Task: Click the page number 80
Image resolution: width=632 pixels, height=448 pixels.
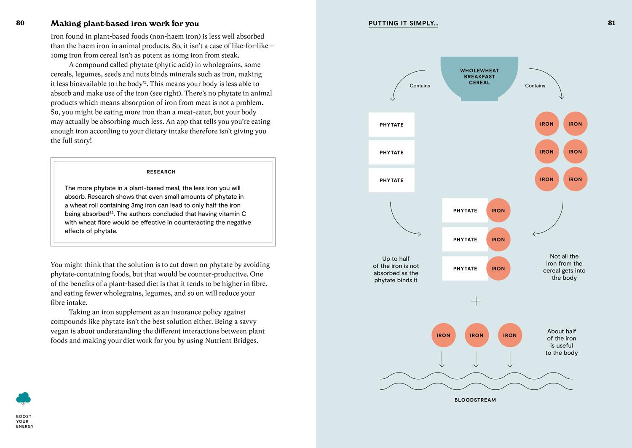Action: click(20, 23)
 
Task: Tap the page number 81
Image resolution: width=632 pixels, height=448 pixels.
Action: click(611, 23)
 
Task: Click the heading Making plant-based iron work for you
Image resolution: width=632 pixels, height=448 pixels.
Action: click(125, 24)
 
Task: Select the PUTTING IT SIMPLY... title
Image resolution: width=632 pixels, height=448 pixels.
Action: click(403, 24)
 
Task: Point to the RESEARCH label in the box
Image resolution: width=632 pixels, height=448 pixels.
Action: click(161, 172)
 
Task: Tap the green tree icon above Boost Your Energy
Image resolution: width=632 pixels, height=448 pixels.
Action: click(24, 399)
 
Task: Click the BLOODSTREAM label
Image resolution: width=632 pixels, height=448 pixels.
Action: click(475, 400)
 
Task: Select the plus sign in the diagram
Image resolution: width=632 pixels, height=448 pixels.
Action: click(476, 301)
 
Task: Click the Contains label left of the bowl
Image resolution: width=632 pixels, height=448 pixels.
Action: click(420, 86)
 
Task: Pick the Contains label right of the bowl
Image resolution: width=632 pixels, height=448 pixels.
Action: click(535, 86)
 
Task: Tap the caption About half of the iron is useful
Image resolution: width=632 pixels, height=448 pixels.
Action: click(561, 342)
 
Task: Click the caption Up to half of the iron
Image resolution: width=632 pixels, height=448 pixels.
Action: click(396, 270)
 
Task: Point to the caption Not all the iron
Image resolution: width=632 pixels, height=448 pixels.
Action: click(564, 267)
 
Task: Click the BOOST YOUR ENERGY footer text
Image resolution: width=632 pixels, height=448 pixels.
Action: click(24, 421)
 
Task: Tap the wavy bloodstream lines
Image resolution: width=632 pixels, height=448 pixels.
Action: click(476, 381)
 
